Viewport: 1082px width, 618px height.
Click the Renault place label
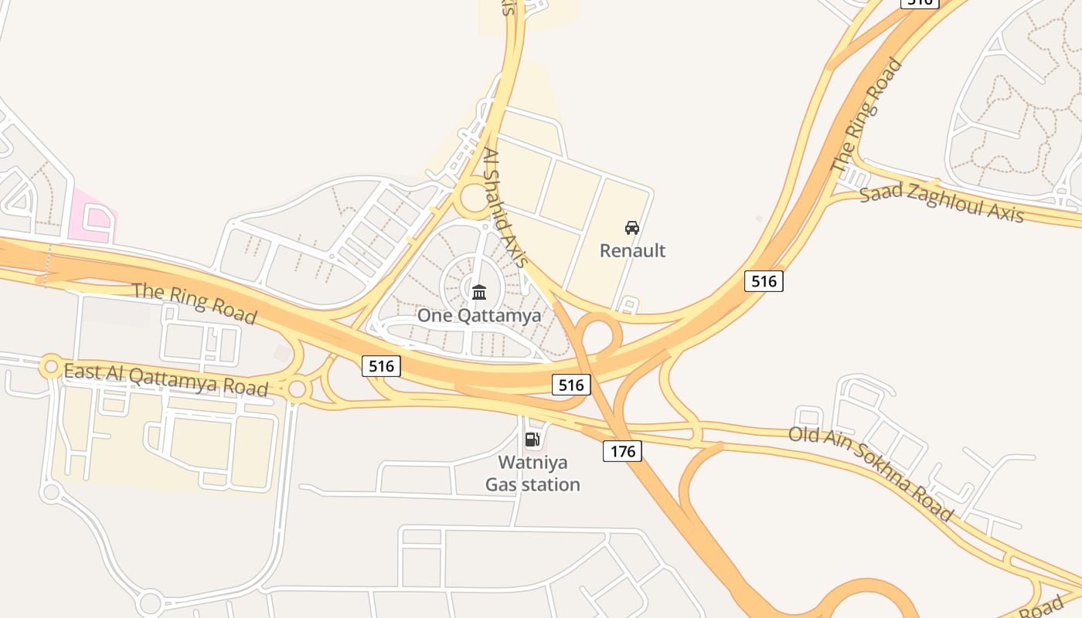click(632, 250)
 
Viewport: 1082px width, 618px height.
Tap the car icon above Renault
click(632, 228)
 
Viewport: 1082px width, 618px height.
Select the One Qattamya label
click(479, 315)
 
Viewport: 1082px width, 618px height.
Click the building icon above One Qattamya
click(479, 292)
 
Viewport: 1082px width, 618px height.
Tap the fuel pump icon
click(532, 440)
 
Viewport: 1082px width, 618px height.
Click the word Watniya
click(532, 463)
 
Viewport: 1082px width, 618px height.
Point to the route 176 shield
click(622, 450)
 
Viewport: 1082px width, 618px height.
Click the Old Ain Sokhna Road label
click(871, 472)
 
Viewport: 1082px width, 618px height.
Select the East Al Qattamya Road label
click(166, 379)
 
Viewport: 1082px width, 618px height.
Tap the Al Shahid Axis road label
click(505, 208)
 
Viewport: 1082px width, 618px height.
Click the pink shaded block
click(92, 216)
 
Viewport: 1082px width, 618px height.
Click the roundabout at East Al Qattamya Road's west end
click(51, 365)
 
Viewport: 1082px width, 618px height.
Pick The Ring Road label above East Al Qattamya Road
click(194, 302)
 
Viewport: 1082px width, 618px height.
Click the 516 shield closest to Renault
click(764, 280)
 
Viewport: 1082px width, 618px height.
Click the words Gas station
click(532, 484)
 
